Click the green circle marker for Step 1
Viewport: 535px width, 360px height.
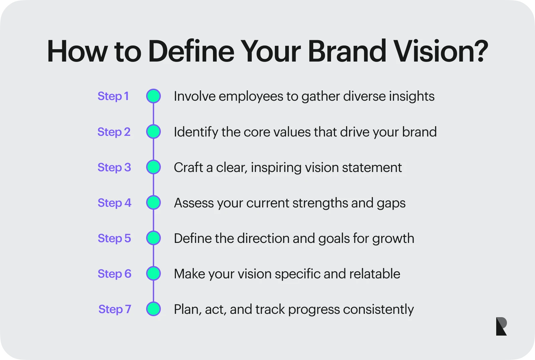click(153, 96)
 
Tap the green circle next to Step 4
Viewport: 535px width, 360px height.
click(153, 202)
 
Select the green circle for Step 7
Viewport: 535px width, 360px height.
click(153, 309)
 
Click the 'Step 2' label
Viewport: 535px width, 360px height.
click(114, 132)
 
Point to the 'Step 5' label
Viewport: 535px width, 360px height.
click(114, 238)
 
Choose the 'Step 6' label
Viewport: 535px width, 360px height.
click(114, 274)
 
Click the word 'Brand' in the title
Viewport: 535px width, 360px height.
click(347, 51)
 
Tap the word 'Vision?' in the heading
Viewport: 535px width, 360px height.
click(441, 51)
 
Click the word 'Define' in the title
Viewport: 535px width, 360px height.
click(191, 51)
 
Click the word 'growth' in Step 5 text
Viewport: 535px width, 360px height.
click(393, 239)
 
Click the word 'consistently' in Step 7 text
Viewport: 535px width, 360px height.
click(378, 309)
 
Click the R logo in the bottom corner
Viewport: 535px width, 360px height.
click(501, 326)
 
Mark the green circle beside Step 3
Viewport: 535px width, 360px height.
click(153, 167)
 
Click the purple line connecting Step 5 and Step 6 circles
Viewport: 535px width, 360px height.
click(153, 256)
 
